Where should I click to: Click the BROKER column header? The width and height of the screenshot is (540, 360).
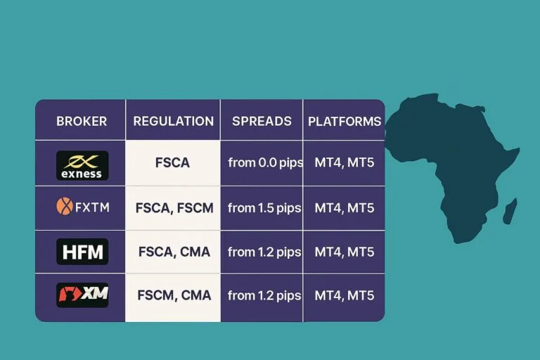pos(82,121)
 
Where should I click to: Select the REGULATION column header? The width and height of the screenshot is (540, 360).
pos(173,121)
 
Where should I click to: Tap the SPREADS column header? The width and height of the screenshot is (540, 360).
pos(262,121)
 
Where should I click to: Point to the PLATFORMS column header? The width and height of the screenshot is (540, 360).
pos(345,121)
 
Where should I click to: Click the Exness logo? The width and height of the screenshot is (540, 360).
pos(82,165)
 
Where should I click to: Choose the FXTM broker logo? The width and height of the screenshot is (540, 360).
pos(82,207)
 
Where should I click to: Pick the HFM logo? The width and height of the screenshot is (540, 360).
pos(82,251)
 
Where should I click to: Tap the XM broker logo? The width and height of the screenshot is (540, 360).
pos(82,295)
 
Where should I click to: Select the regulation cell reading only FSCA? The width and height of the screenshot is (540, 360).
pos(173,162)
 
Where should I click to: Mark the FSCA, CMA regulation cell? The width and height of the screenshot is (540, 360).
pos(174,251)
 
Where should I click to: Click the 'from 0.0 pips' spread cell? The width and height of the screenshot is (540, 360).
pos(265,162)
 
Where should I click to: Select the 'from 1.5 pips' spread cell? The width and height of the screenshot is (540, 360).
pos(265,207)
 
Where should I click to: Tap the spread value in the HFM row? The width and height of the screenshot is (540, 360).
pos(265,251)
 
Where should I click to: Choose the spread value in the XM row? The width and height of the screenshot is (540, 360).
pos(265,295)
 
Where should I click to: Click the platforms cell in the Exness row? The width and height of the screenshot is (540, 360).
pos(345,162)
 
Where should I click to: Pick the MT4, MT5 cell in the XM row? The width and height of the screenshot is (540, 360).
pos(345,295)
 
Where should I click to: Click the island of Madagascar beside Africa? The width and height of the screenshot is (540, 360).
pos(510,210)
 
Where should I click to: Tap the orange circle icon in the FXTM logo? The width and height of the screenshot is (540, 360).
pos(64,207)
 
